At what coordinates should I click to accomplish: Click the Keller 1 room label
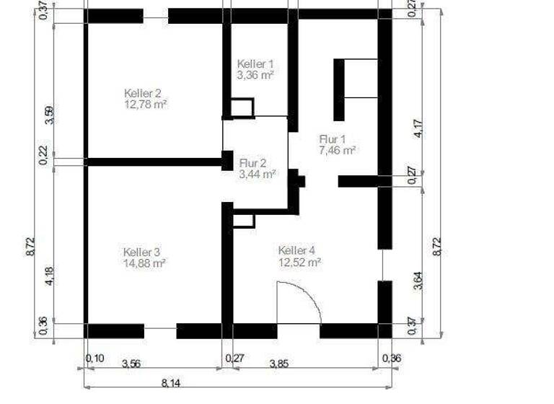tap(255, 64)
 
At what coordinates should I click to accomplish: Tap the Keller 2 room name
tap(142, 94)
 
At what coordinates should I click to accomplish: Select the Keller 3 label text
tap(141, 252)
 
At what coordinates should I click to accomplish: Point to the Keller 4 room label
tap(296, 250)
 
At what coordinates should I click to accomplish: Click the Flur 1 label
tap(333, 139)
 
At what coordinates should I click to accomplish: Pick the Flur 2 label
tap(253, 162)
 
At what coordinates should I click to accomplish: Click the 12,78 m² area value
tap(146, 105)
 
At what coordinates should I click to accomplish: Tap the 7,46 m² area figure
tap(338, 150)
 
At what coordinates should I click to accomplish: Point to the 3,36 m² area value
tap(255, 74)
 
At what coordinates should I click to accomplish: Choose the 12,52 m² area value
tap(299, 262)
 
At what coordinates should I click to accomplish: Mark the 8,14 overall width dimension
tap(172, 383)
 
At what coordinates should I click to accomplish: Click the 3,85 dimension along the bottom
tap(279, 363)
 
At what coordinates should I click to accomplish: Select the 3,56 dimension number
tap(131, 363)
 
